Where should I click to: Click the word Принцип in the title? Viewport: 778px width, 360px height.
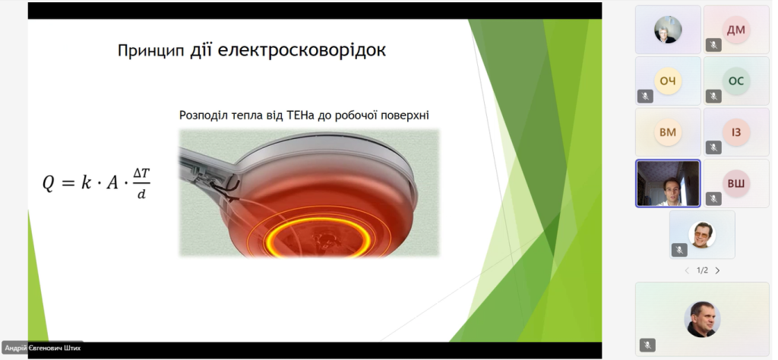click(x=151, y=51)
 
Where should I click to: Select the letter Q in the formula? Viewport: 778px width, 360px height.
click(x=49, y=184)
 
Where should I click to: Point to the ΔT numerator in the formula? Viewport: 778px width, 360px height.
click(x=141, y=174)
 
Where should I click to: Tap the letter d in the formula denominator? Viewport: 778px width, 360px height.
click(x=141, y=194)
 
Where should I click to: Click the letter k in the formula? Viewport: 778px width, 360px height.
click(x=87, y=182)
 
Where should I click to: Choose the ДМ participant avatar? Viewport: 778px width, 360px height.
click(x=735, y=30)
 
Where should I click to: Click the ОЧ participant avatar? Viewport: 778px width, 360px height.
click(x=668, y=81)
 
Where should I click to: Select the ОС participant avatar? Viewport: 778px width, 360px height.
click(x=735, y=81)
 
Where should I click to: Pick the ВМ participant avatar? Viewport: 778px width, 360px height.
click(x=668, y=132)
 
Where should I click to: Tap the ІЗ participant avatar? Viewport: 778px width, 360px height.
click(x=735, y=132)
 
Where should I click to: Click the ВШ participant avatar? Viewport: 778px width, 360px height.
click(x=735, y=184)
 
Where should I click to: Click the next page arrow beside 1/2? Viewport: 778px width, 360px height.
click(x=717, y=270)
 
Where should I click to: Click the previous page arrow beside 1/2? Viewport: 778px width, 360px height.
click(x=687, y=270)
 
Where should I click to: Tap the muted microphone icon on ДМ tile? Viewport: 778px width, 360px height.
click(x=713, y=45)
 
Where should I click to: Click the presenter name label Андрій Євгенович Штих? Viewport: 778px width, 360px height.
click(x=43, y=348)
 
